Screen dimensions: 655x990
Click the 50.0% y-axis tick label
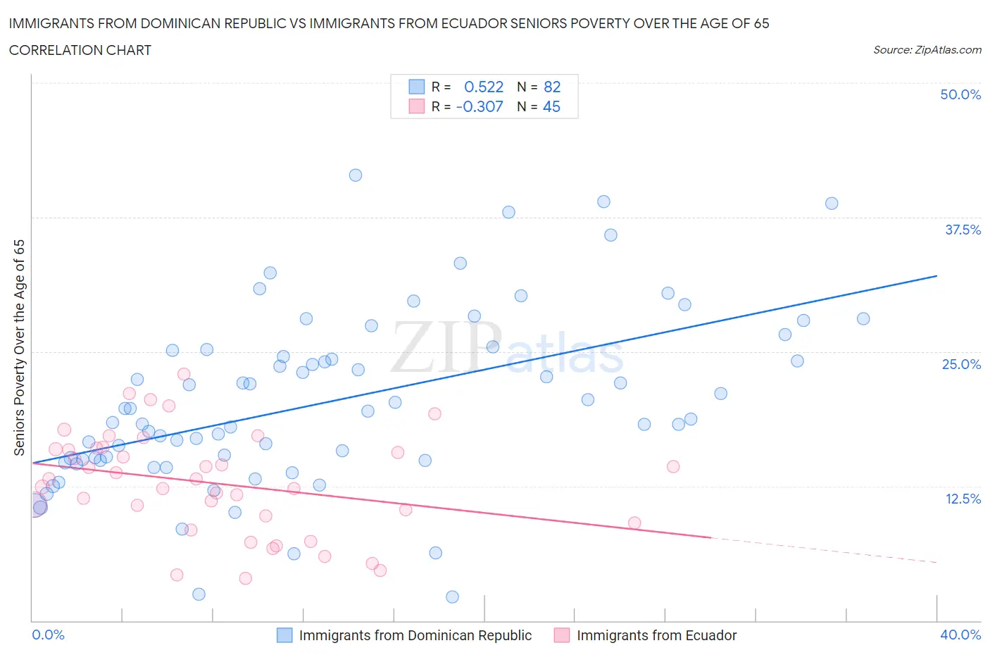[x=960, y=94]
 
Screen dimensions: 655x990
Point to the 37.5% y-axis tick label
[x=963, y=230]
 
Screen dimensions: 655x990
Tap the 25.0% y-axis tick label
[x=961, y=364]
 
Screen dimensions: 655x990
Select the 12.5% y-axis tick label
[x=963, y=499]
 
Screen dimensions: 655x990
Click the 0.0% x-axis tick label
[x=48, y=635]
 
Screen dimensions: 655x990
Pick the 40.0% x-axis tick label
[x=960, y=635]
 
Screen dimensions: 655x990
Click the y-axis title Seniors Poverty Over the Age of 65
[x=19, y=347]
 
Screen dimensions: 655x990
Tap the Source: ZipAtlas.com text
[x=927, y=50]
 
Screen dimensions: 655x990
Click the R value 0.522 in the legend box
[x=484, y=87]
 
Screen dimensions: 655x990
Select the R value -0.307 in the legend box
[x=480, y=106]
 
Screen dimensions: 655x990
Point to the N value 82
[x=552, y=87]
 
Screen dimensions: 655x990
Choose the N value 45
[x=551, y=106]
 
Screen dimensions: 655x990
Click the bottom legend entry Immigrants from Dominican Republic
[x=415, y=635]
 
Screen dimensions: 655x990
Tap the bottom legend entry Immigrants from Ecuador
[x=656, y=635]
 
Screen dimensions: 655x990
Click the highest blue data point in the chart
[x=356, y=175]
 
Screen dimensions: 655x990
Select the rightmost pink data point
[x=673, y=466]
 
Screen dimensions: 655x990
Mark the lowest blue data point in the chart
[x=453, y=597]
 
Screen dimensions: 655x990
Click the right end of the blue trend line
[x=936, y=276]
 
